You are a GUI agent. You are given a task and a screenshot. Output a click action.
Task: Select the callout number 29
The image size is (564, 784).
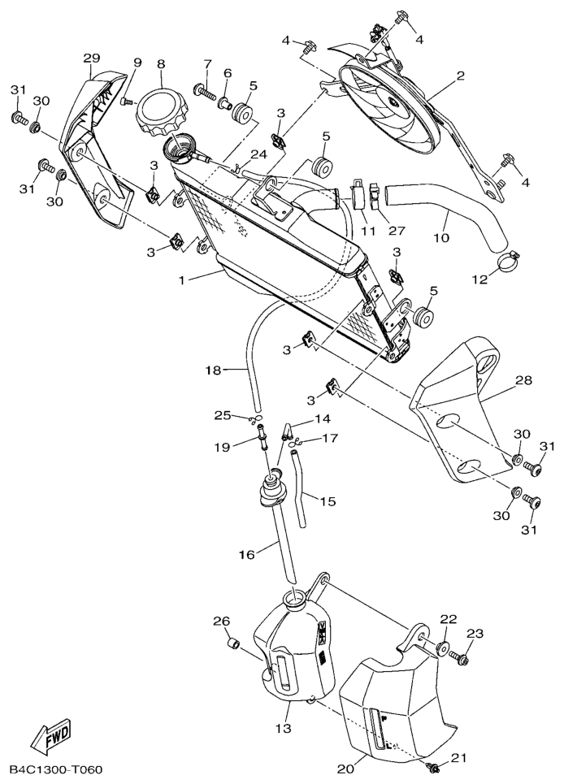(x=92, y=58)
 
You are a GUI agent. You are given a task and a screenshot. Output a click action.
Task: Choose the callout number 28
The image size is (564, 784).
(x=523, y=380)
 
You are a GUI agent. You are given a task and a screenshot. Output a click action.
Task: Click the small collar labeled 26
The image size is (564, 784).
(x=234, y=642)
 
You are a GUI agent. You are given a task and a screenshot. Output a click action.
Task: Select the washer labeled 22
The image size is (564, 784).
(x=442, y=648)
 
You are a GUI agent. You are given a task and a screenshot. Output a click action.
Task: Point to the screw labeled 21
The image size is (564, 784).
(x=434, y=765)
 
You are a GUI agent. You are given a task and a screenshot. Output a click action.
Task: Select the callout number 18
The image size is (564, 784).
(x=214, y=370)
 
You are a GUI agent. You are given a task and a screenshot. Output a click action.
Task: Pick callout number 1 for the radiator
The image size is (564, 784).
(x=181, y=280)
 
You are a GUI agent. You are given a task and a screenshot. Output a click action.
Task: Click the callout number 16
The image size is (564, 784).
(x=247, y=554)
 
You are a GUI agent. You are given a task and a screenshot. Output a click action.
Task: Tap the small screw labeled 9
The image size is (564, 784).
(x=127, y=102)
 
